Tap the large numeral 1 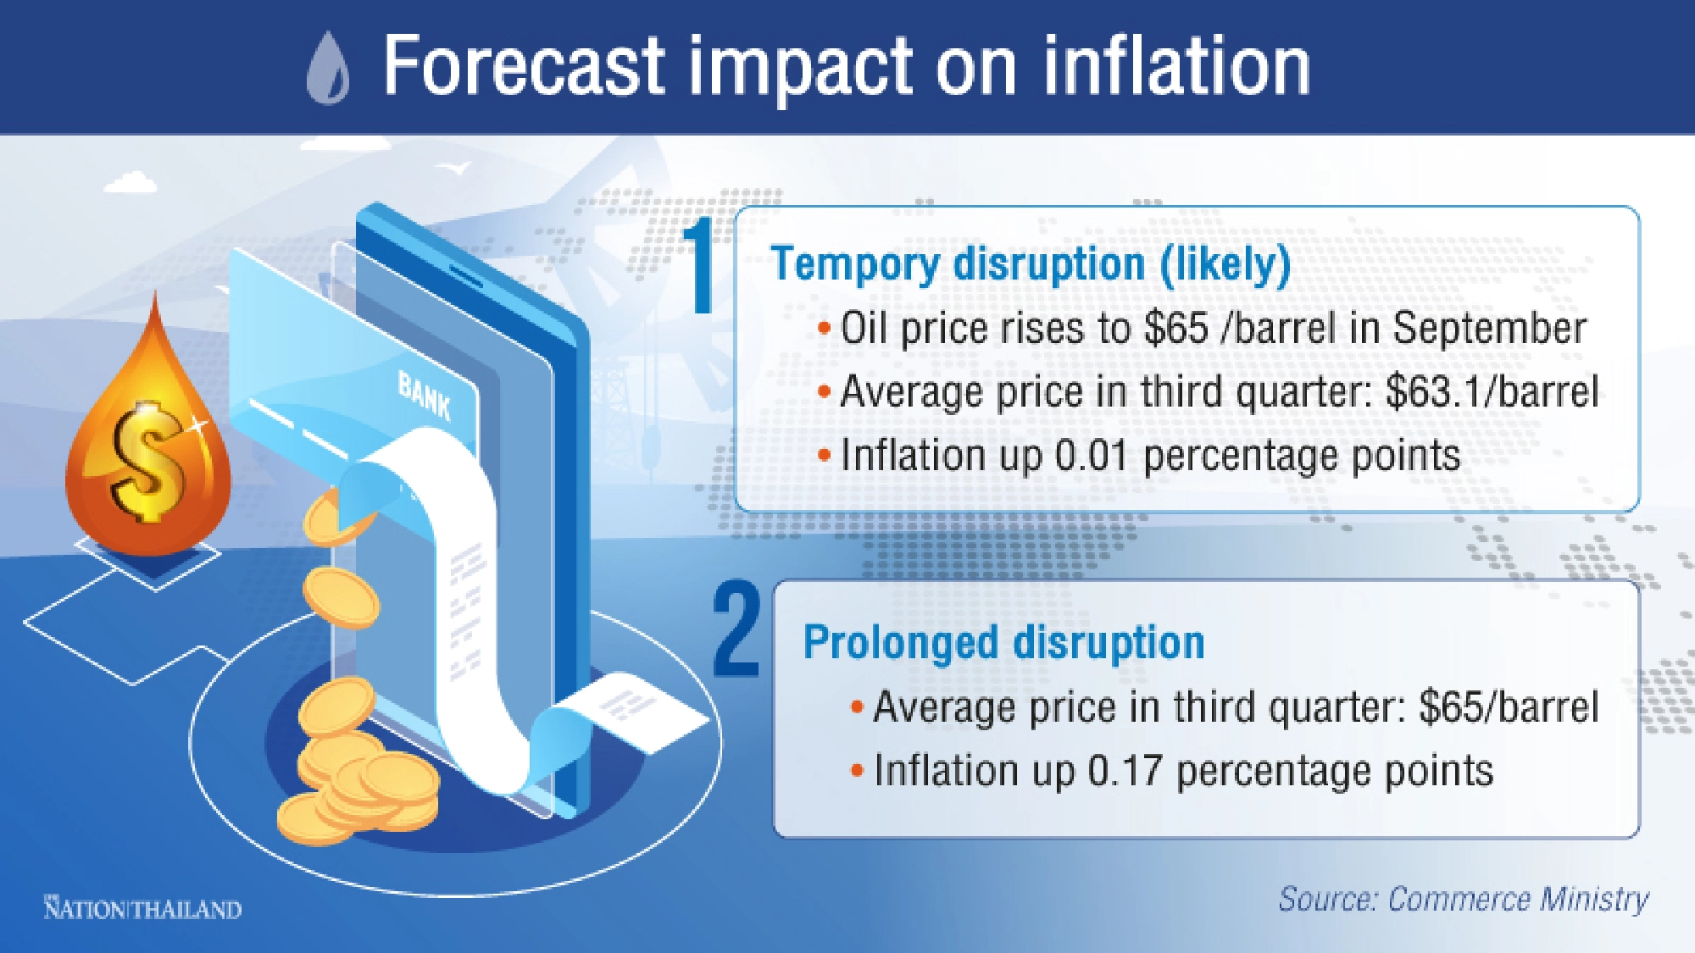pos(700,265)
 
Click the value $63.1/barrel pos(1492,392)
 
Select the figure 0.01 pos(1091,456)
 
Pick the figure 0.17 pos(1124,772)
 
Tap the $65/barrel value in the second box pos(1509,707)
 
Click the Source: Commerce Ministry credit pos(1464,900)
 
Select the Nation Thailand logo pos(142,909)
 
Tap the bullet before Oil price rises pos(824,329)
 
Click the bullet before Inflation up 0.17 pos(857,772)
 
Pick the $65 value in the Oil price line pos(1175,328)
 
